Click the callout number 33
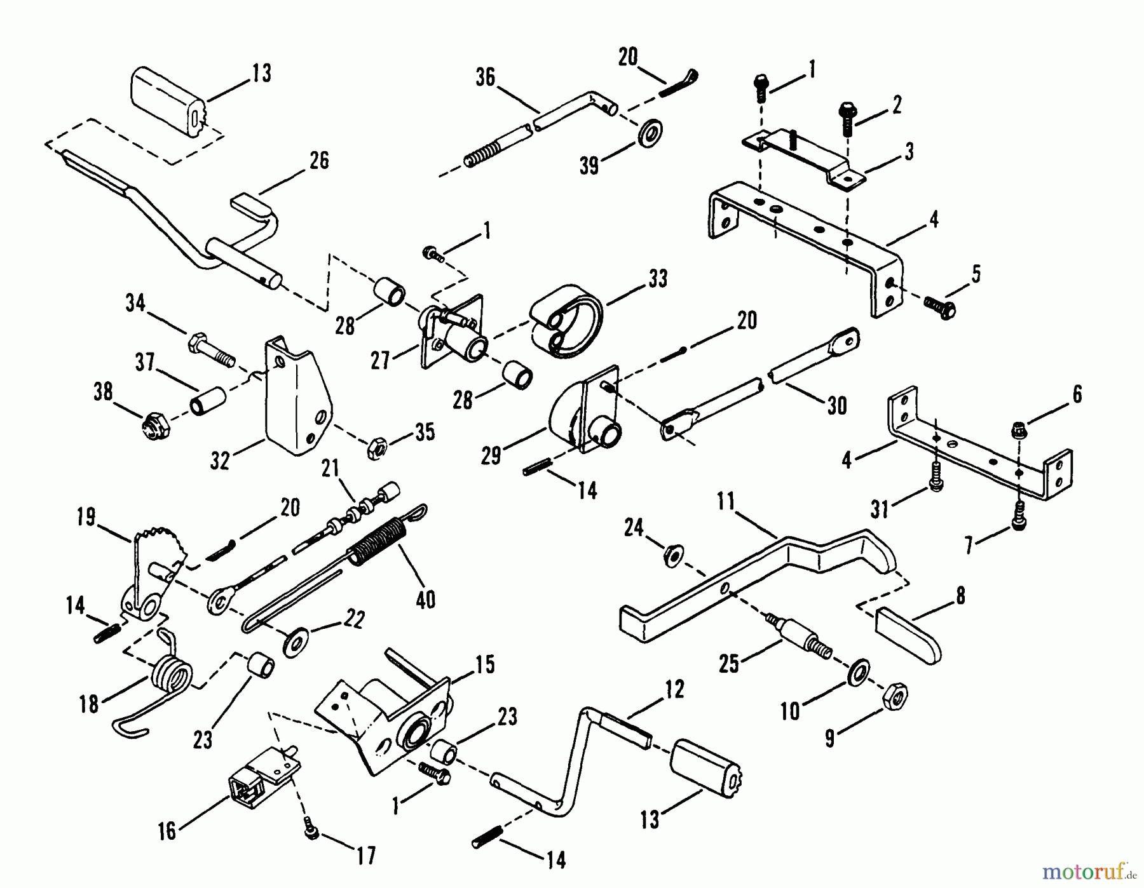click(x=658, y=278)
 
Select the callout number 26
click(x=319, y=161)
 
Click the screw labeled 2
click(x=848, y=119)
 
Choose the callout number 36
click(x=485, y=78)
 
